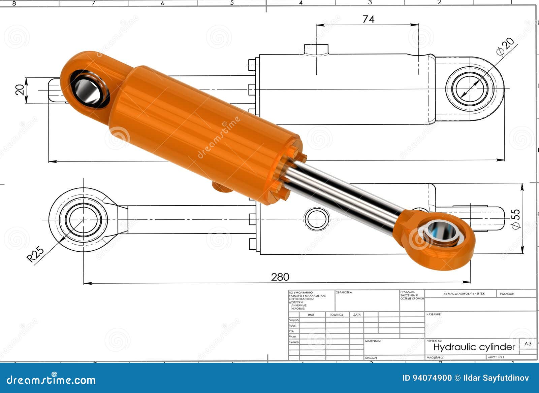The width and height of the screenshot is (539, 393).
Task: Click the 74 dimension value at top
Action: coord(368,19)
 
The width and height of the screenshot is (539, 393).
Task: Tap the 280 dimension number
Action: coord(280,277)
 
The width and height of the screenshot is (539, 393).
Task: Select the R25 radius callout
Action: coord(35,254)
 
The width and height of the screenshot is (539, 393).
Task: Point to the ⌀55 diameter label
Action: coord(516,219)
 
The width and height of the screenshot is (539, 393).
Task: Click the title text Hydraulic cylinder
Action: coord(474,347)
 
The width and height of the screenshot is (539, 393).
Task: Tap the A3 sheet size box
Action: coord(528,344)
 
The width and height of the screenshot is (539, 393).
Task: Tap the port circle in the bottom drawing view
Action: coord(317,219)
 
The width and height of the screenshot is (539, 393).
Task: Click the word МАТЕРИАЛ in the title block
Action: coord(373,341)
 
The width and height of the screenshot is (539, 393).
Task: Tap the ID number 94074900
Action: coord(427,378)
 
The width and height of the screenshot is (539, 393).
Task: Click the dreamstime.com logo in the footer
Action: coord(51,380)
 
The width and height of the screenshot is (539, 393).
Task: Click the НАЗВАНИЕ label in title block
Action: coord(434,314)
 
